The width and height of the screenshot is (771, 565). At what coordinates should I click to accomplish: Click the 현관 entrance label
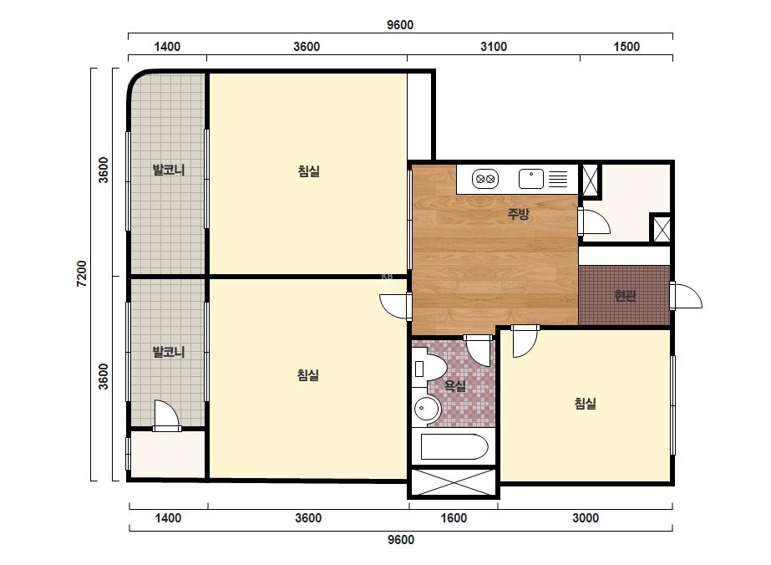[x=625, y=295]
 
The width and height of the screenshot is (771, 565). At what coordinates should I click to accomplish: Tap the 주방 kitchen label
[x=518, y=214]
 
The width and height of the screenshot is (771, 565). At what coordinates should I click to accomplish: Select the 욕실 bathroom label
[x=454, y=385]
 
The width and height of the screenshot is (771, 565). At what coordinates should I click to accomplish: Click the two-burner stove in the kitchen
[x=485, y=179]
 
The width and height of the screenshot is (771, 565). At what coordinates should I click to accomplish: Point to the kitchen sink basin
[x=531, y=179]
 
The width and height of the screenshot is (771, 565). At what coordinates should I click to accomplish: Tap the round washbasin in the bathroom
[x=426, y=408]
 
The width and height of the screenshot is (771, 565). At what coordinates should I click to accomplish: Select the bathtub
[x=454, y=446]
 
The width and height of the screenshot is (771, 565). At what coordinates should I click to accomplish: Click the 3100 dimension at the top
[x=493, y=47]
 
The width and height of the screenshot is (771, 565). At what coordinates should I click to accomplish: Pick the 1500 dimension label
[x=626, y=47]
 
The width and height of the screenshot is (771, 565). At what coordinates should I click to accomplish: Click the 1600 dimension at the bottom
[x=454, y=517]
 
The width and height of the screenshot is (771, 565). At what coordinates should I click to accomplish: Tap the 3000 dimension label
[x=585, y=517]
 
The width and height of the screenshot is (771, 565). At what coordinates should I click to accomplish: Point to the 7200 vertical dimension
[x=82, y=274]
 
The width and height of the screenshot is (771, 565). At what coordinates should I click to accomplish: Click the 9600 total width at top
[x=400, y=24]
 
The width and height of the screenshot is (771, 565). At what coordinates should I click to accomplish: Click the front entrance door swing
[x=687, y=296]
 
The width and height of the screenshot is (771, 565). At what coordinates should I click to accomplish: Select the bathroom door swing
[x=479, y=350]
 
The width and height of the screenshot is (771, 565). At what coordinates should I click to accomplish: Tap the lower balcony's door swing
[x=166, y=415]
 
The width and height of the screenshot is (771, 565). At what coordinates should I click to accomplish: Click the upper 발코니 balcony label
[x=169, y=171]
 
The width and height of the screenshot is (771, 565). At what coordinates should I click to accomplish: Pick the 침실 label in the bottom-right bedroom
[x=585, y=404]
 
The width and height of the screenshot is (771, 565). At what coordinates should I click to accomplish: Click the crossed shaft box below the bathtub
[x=454, y=481]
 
